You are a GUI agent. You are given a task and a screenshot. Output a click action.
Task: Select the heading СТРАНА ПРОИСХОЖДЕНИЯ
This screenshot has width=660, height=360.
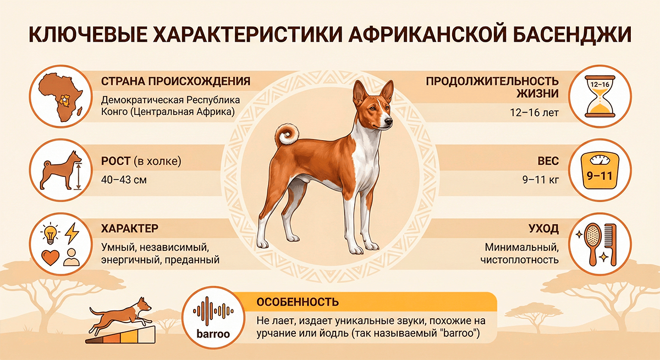(x=176, y=81)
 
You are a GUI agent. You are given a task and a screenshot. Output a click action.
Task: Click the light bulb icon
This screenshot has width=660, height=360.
(x=51, y=234)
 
